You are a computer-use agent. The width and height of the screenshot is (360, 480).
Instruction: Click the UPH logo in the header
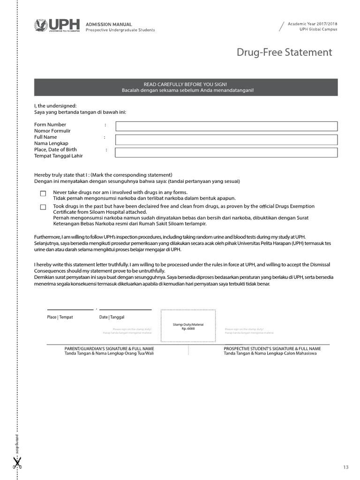[x=57, y=25]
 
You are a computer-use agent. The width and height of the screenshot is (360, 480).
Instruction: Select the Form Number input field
[x=226, y=126]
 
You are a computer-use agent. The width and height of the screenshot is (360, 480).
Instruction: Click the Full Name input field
[x=226, y=140]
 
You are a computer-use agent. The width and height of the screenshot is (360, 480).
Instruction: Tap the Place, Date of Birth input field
[x=226, y=152]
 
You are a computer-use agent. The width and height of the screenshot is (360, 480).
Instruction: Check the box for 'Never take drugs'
[x=43, y=193]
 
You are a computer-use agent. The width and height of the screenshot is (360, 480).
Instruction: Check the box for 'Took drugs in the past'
[x=43, y=207]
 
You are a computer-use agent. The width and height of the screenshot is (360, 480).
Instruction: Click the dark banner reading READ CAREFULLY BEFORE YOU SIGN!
[x=186, y=87]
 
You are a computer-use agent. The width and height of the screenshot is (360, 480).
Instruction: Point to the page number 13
[x=346, y=467]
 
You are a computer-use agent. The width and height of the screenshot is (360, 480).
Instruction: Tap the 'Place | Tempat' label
[x=60, y=317]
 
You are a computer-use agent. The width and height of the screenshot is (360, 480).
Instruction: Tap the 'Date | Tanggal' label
[x=112, y=317]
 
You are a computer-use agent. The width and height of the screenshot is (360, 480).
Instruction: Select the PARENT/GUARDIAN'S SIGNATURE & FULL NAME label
[x=109, y=349]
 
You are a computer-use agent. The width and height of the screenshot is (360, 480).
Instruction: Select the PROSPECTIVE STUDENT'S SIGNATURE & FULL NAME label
[x=272, y=349]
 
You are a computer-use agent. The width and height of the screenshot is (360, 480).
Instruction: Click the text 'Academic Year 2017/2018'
[x=312, y=24]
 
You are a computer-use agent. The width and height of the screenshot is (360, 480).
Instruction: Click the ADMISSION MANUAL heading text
[x=109, y=24]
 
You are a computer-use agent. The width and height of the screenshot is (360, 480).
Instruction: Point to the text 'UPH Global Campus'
[x=318, y=30]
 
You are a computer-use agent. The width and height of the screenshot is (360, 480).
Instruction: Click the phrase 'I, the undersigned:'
[x=55, y=106]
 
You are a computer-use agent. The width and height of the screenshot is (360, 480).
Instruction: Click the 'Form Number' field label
[x=50, y=125]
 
